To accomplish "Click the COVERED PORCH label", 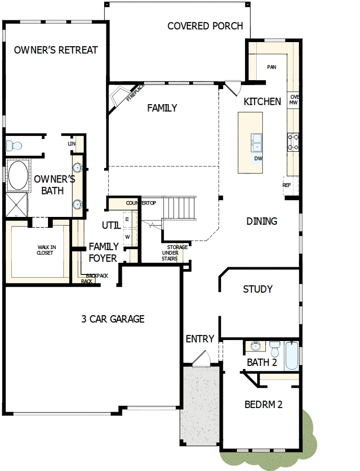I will pyautogui.click(x=205, y=26).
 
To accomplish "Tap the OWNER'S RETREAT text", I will pyautogui.click(x=56, y=50).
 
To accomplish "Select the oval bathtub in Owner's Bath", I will pyautogui.click(x=18, y=176).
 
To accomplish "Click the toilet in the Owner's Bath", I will pyautogui.click(x=14, y=146).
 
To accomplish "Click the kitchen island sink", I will pyautogui.click(x=257, y=141).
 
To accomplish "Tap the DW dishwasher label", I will pyautogui.click(x=259, y=159).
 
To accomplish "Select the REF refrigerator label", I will pyautogui.click(x=287, y=185).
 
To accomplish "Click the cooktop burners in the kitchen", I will pyautogui.click(x=293, y=141).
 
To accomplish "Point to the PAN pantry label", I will pyautogui.click(x=271, y=67).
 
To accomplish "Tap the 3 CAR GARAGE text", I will pyautogui.click(x=113, y=319).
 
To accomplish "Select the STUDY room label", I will pyautogui.click(x=258, y=289).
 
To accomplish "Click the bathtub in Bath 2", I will pyautogui.click(x=292, y=356).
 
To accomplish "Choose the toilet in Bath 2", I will pyautogui.click(x=274, y=349).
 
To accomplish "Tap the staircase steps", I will pyautogui.click(x=180, y=207).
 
